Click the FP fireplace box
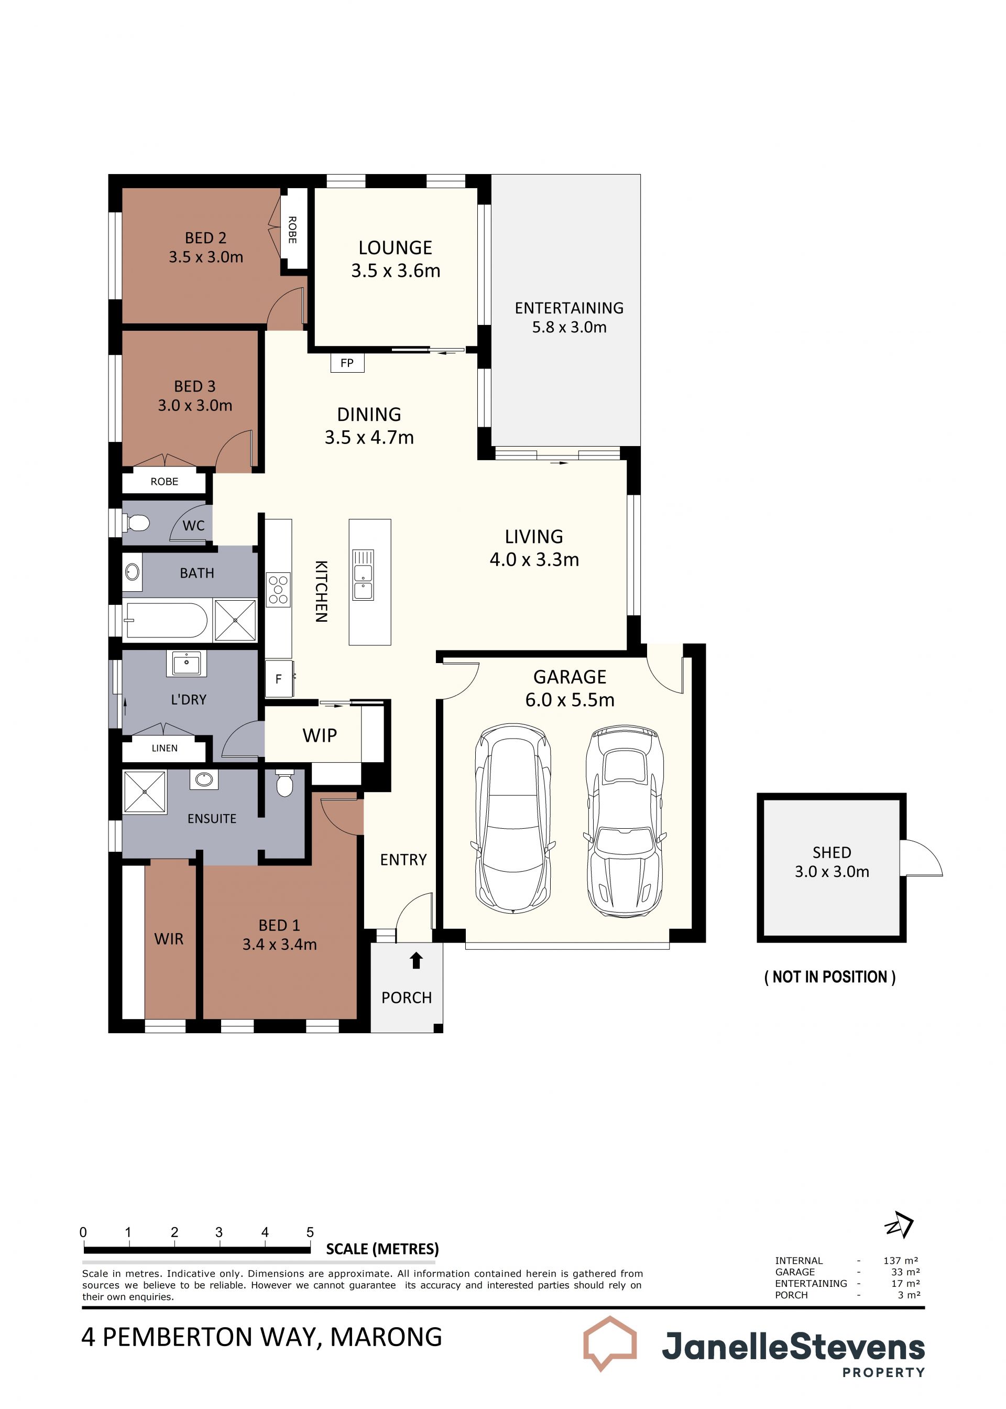(347, 363)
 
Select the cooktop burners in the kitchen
(278, 589)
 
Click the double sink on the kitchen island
(363, 574)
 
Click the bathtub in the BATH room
(166, 620)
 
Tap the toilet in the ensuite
(285, 783)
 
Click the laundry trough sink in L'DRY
(186, 664)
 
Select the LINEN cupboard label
(165, 749)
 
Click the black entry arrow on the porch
(416, 960)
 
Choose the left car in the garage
(513, 818)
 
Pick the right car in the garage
(625, 820)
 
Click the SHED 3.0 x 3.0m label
(832, 862)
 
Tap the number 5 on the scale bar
(310, 1232)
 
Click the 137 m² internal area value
(901, 1260)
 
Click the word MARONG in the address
(386, 1337)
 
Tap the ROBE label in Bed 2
(292, 230)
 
